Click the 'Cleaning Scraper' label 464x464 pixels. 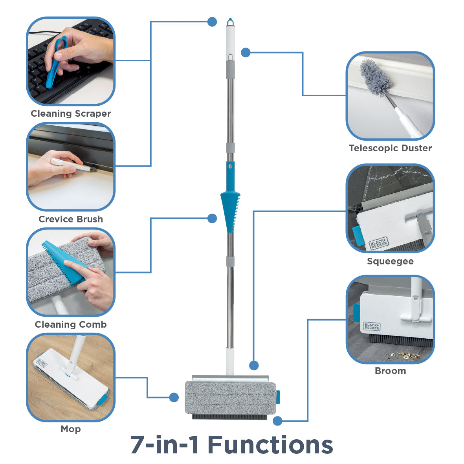coord(71,114)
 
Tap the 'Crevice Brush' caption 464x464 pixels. coord(71,219)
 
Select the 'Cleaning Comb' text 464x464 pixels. coord(71,325)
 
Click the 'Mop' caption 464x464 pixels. coord(71,429)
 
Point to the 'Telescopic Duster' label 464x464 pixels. coord(390,148)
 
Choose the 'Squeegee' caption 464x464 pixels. coord(390,261)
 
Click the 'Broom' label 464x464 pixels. coord(390,371)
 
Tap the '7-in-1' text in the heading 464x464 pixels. coord(165,445)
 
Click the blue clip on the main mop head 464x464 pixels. coord(278,397)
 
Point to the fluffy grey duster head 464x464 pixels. coord(375,77)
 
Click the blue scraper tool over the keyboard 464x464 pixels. coord(55,61)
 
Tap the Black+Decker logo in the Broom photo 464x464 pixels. coord(371,326)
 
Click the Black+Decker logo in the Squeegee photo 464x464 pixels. coord(378,244)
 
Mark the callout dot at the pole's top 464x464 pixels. coord(212,22)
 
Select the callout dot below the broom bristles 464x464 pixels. coord(277,421)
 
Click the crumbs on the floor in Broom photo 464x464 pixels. coord(405,355)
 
